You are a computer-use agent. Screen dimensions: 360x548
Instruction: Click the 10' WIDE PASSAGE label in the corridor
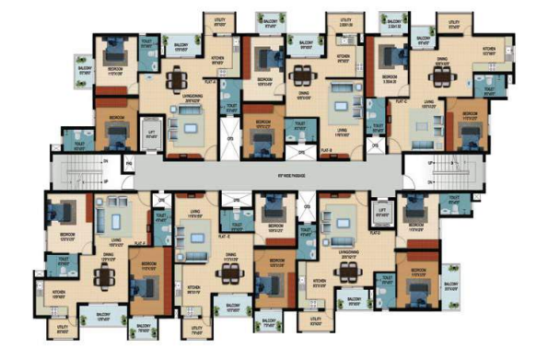pyautogui.click(x=274, y=173)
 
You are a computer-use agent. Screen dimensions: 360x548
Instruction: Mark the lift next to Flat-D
pyautogui.click(x=380, y=213)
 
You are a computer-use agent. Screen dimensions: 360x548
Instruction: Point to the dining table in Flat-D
pyautogui.click(x=347, y=270)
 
